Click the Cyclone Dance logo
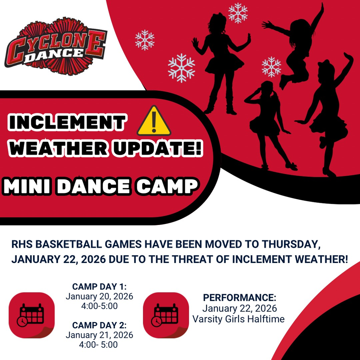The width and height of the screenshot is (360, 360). tap(55, 46)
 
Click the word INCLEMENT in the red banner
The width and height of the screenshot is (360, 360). tap(67, 122)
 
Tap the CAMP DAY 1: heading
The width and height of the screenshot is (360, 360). tap(99, 287)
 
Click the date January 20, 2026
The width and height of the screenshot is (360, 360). tap(99, 296)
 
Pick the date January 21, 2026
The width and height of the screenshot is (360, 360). tap(99, 335)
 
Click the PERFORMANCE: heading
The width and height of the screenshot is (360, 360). tap(239, 298)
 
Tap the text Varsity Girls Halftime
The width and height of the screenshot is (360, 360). tap(238, 319)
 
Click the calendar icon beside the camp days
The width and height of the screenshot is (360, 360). tap(32, 315)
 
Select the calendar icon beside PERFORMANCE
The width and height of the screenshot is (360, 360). tap(166, 315)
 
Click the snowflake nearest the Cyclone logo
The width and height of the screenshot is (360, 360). tap(145, 40)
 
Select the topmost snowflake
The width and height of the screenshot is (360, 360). tap(238, 13)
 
